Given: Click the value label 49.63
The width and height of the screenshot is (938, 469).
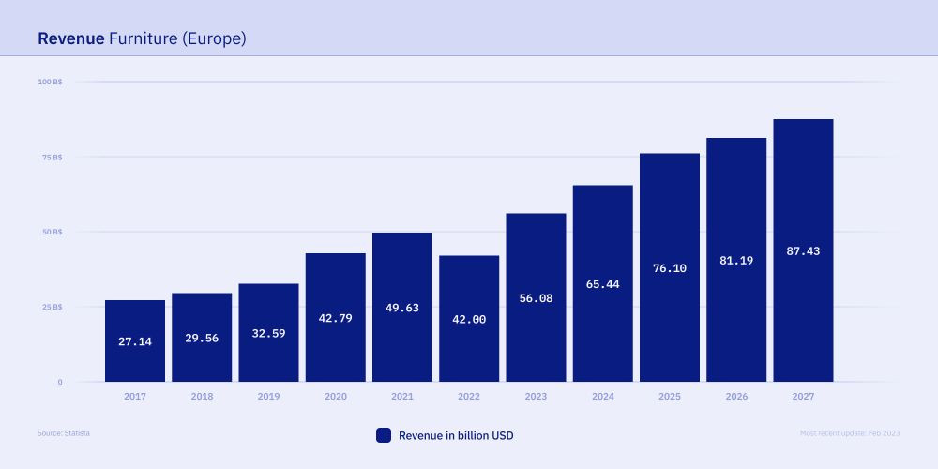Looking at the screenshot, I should click(x=402, y=307).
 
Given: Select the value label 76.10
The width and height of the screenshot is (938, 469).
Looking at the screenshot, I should click(x=670, y=267).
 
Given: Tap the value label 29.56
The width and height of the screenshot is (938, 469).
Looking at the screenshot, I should click(x=202, y=338).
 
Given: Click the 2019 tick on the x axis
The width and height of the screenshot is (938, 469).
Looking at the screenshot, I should click(x=268, y=397).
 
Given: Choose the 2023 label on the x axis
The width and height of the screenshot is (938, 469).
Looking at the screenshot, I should click(x=536, y=397).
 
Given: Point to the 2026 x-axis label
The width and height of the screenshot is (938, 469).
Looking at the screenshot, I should click(x=736, y=397).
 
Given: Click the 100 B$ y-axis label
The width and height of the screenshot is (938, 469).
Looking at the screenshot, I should click(x=51, y=82).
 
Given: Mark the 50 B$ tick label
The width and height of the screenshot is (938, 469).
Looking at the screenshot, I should click(x=53, y=232).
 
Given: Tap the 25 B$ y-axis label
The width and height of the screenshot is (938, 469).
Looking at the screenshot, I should click(x=53, y=307).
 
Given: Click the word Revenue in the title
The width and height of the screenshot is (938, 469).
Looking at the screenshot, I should click(x=70, y=38).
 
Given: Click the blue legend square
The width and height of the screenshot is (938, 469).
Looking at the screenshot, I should click(x=383, y=435).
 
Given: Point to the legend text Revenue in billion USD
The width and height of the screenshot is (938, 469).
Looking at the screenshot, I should click(x=456, y=435).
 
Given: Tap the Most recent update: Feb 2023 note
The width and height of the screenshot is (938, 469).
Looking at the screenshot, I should click(x=850, y=433).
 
